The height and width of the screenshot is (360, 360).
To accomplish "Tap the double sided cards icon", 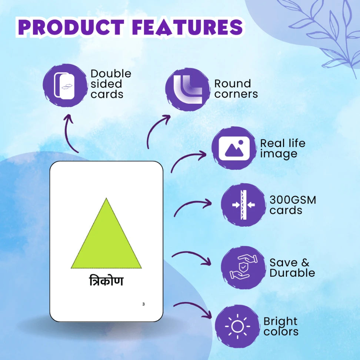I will tap(64, 86).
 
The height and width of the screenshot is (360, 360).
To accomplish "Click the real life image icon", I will tap(234, 148).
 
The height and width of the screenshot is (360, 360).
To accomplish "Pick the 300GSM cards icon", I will tap(243, 205).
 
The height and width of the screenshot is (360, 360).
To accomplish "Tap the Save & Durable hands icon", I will tap(243, 267).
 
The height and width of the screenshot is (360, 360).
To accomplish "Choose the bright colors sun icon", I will tap(237, 326).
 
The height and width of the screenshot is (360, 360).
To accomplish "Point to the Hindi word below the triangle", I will tap(106, 281).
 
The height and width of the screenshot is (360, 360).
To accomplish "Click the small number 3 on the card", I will tap(143, 304).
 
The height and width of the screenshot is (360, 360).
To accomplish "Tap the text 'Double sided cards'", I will tap(111, 84).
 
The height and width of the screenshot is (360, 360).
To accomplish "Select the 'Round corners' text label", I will tap(236, 89).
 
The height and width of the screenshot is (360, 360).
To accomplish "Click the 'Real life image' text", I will tap(283, 148).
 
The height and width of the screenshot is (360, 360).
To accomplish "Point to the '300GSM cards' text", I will tap(293, 205).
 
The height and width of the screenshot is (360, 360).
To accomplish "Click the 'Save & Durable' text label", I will tap(292, 267).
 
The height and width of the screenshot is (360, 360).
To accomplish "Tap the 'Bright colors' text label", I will tap(281, 326).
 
